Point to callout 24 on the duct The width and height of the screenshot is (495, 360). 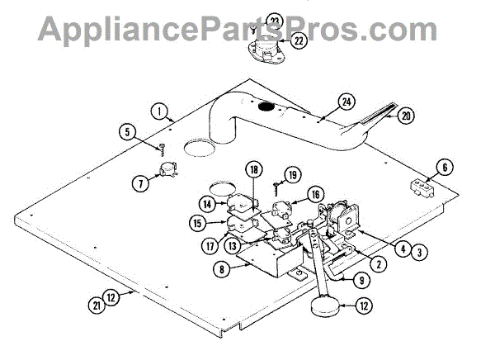[345, 103]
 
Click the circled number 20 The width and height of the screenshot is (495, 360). [404, 116]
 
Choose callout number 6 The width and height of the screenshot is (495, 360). [444, 168]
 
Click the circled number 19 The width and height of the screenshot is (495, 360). [292, 174]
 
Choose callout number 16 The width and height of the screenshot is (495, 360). [317, 194]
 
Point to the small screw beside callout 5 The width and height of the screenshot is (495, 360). [163, 149]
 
